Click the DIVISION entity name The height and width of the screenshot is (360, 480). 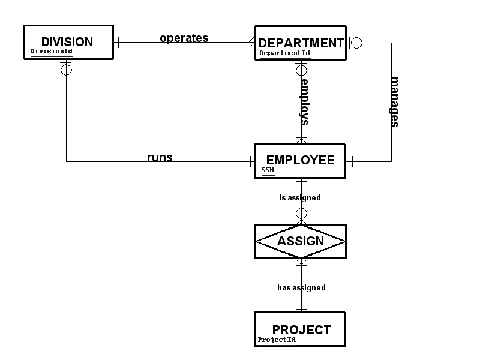(x=67, y=42)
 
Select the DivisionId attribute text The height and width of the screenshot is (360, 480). (x=51, y=52)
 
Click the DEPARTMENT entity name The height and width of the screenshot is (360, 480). (x=301, y=43)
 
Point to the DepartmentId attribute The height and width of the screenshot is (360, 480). (x=284, y=53)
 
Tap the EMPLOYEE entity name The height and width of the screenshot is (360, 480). (x=300, y=160)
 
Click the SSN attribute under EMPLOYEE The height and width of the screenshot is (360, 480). (x=267, y=170)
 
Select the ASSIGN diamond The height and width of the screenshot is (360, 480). (x=301, y=241)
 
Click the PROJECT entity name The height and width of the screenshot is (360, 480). (x=301, y=329)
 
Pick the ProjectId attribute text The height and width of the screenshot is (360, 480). (x=277, y=340)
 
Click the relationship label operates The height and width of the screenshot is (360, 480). (x=184, y=38)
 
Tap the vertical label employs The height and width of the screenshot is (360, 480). (x=305, y=101)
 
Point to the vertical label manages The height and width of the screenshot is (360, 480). (x=395, y=102)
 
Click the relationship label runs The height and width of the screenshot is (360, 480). (x=160, y=158)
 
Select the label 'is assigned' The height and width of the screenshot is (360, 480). (x=300, y=197)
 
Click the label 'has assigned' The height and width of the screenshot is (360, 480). (x=301, y=287)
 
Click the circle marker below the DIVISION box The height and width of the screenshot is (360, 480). (x=67, y=70)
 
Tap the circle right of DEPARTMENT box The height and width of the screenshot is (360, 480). (x=356, y=43)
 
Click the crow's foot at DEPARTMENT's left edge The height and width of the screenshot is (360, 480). (x=251, y=42)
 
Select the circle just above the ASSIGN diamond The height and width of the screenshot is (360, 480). (x=302, y=214)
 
